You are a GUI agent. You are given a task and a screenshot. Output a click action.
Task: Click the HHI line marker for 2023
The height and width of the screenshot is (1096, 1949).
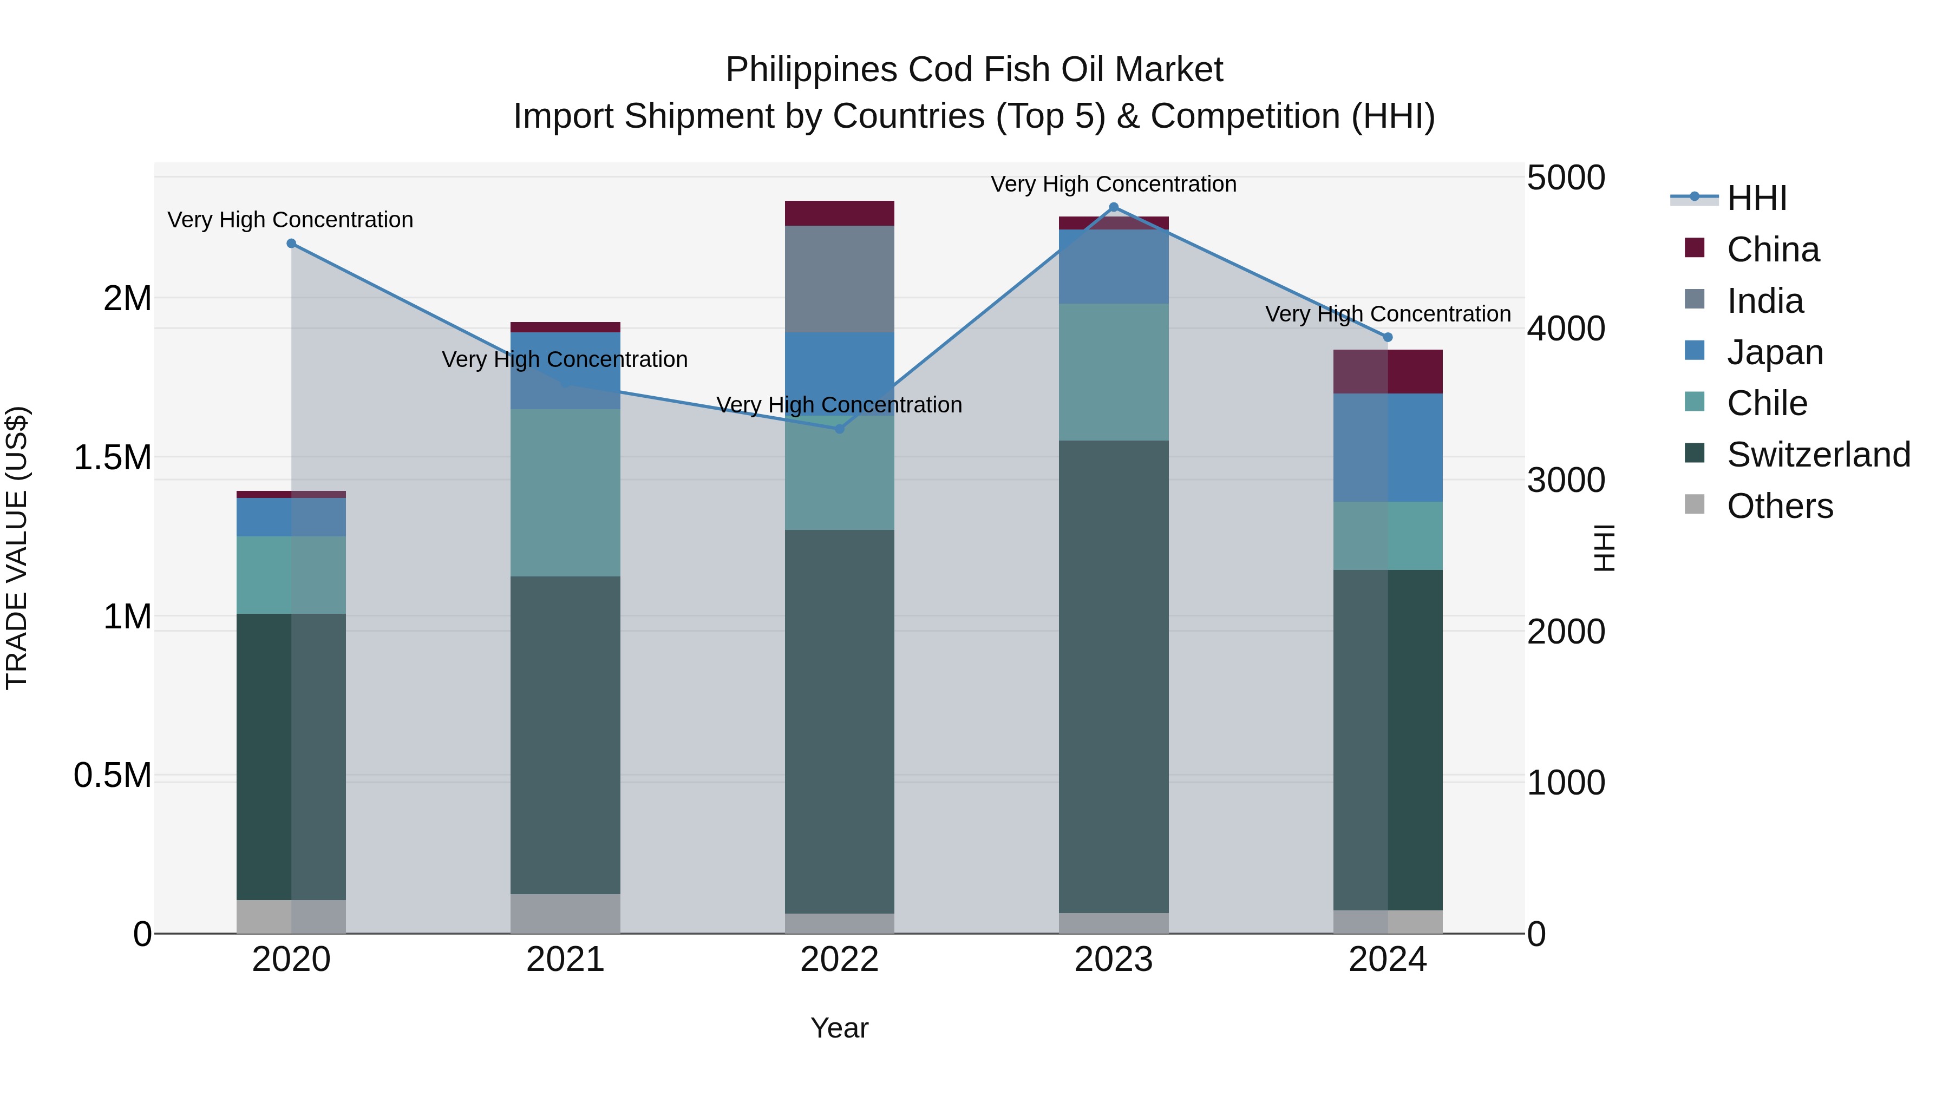pos(1113,207)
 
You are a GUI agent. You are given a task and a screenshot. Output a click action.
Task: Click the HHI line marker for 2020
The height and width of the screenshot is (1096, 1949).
pos(291,244)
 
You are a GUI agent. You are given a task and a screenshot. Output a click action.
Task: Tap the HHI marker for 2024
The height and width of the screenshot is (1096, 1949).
pos(1387,337)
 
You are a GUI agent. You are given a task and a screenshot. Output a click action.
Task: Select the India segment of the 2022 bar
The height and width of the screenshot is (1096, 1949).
pos(839,278)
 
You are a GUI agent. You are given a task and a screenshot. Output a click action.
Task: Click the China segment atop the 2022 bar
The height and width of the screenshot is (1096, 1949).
pos(839,213)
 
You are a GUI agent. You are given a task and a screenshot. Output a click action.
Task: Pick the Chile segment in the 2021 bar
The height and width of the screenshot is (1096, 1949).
pos(565,493)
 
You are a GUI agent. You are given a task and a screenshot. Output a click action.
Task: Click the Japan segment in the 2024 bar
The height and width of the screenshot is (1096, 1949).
pos(1387,447)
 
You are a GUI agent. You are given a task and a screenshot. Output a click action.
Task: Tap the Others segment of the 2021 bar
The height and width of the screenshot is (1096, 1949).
pos(565,913)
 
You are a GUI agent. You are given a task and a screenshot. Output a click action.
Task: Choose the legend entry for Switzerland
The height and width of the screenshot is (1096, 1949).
pos(1817,455)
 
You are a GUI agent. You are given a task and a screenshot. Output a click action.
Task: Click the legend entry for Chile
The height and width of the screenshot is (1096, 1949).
pos(1767,403)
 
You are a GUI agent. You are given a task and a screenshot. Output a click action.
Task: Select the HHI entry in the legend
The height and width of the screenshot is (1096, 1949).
pos(1756,198)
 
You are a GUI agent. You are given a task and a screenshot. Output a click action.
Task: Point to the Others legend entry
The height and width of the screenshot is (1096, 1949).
pos(1780,506)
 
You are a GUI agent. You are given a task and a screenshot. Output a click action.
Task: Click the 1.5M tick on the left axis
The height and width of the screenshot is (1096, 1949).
pos(112,457)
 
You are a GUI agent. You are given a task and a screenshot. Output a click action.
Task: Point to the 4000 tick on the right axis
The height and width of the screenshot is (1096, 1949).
pos(1565,329)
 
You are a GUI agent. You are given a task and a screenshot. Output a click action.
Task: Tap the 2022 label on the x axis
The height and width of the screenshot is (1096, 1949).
pos(839,960)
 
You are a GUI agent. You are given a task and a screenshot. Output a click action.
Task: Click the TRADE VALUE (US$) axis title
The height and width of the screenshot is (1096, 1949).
pos(17,548)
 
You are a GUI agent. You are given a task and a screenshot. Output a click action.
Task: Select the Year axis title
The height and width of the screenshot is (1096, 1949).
pos(839,1028)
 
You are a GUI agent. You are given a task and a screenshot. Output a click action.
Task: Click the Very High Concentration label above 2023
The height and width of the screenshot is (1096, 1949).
pos(1113,184)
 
